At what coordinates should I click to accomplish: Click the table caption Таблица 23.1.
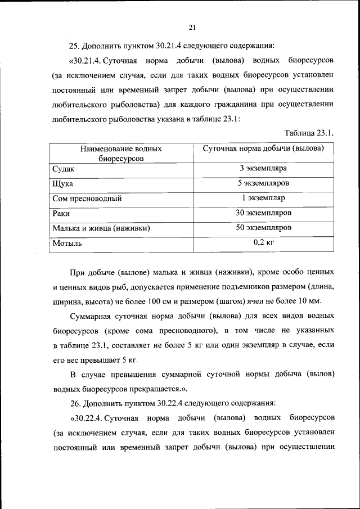click(x=310, y=133)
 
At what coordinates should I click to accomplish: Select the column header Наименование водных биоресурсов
click(x=121, y=154)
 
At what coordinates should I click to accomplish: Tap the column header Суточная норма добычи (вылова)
click(x=263, y=148)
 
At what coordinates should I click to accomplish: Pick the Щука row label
click(x=62, y=184)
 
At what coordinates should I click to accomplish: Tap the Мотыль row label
click(x=67, y=244)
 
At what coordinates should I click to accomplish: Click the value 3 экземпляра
click(x=263, y=168)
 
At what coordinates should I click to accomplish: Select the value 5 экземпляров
click(x=263, y=183)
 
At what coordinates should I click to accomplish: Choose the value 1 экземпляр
click(x=263, y=198)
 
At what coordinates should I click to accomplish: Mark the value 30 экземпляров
click(x=263, y=213)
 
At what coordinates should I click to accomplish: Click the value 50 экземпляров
click(x=263, y=228)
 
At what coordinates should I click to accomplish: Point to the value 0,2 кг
click(x=263, y=243)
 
